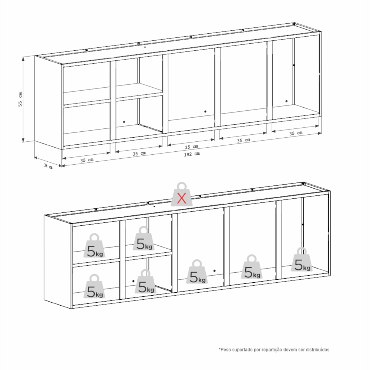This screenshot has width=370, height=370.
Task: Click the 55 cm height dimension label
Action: (x=20, y=99)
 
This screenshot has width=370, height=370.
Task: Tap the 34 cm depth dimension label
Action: (x=48, y=166)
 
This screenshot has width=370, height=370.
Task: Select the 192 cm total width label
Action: (x=192, y=154)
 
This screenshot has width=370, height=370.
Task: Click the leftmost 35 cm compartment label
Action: (x=87, y=160)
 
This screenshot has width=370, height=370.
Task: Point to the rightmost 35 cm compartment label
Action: (x=296, y=133)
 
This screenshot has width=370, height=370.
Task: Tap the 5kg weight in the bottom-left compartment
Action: (x=94, y=286)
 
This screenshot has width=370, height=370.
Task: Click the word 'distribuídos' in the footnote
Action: (x=318, y=350)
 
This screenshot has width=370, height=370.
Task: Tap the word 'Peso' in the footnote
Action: (x=225, y=350)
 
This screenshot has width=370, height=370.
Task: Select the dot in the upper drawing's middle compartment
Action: (x=205, y=111)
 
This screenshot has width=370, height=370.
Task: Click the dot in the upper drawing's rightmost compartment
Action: (x=286, y=101)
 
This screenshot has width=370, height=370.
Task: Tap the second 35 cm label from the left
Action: (x=139, y=154)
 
